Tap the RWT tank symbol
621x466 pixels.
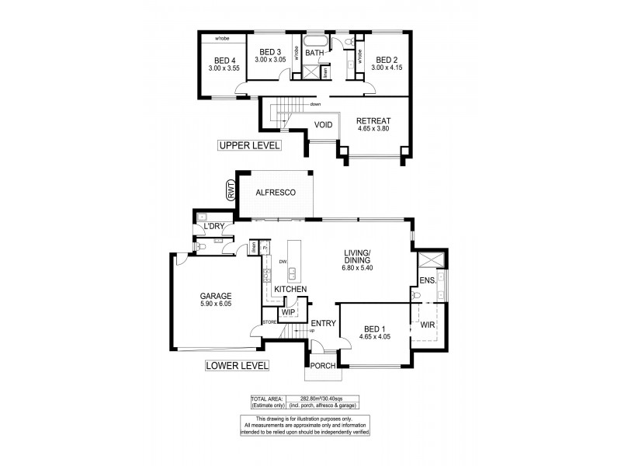click(x=231, y=190)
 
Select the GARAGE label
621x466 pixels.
click(x=215, y=295)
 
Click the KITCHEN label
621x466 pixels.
click(x=290, y=290)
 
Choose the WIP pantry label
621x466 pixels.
click(x=289, y=312)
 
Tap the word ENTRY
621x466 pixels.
click(x=323, y=323)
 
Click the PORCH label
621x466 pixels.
click(x=321, y=366)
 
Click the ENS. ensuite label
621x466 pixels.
click(x=427, y=280)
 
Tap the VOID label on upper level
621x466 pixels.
click(x=323, y=125)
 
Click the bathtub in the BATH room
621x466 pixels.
click(x=315, y=40)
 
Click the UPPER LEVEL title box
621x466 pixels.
click(x=250, y=145)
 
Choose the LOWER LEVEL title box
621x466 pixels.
click(x=237, y=365)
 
